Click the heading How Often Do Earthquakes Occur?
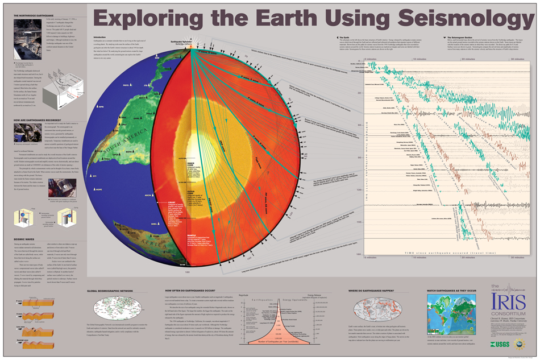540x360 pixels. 185,291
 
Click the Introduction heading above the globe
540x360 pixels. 100,37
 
